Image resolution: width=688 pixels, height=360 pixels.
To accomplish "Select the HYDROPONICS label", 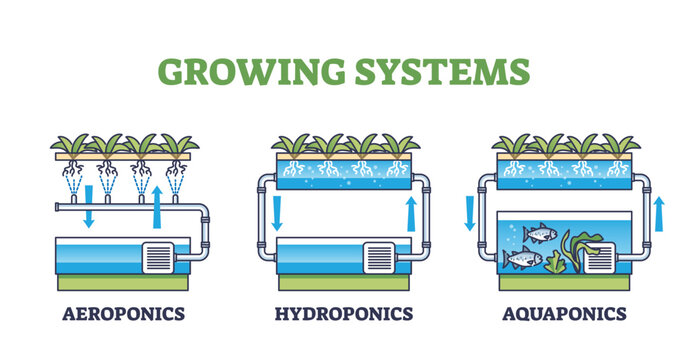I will coord(344,314).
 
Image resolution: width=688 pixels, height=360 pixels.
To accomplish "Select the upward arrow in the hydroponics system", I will coord(410,213).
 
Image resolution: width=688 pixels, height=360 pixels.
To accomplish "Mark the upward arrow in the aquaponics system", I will coord(658,213).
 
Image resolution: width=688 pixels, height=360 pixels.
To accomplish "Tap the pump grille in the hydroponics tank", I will coord(380,258).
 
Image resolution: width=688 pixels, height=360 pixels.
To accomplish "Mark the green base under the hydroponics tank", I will coord(344,282).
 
